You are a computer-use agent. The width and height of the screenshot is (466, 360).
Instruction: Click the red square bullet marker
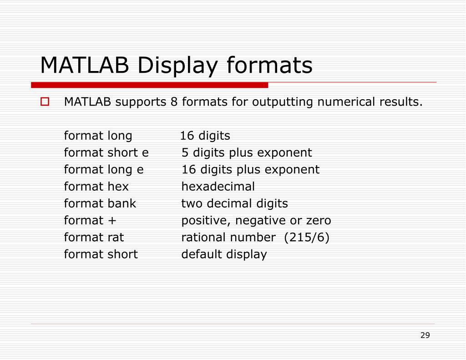pos(45,102)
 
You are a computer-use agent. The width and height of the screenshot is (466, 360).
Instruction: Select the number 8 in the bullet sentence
pos(174,101)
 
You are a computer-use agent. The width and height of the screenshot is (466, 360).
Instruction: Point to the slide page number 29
pos(425,335)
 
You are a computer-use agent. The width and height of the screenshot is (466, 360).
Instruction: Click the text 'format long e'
pos(104,170)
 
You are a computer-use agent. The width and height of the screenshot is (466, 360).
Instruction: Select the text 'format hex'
pos(96,187)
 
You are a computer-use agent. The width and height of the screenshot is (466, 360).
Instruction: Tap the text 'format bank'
pos(100,203)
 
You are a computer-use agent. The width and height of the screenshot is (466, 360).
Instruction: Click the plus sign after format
pos(113,221)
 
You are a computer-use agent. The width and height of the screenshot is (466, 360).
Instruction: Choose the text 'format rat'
pos(94,237)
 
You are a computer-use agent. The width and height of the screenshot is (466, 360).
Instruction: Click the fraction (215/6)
pos(306,237)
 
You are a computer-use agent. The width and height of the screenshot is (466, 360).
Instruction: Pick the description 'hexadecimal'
pos(218,187)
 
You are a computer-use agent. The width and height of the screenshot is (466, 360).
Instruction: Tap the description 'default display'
pos(224,254)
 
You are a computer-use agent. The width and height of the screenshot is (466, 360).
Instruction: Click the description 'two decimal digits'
pos(234,203)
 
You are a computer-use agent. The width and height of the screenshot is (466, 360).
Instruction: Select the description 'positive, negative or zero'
pos(256,221)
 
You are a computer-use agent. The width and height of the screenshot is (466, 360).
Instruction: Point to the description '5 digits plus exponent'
pos(247,152)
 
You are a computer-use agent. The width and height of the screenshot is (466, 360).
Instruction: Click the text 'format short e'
pos(106,152)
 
